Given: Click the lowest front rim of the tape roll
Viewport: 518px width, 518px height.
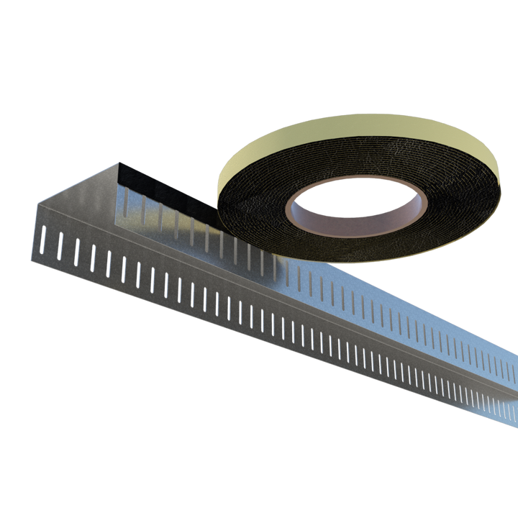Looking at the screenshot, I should [338, 262].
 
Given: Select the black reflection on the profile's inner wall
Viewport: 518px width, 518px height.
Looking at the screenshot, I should [165, 191].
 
